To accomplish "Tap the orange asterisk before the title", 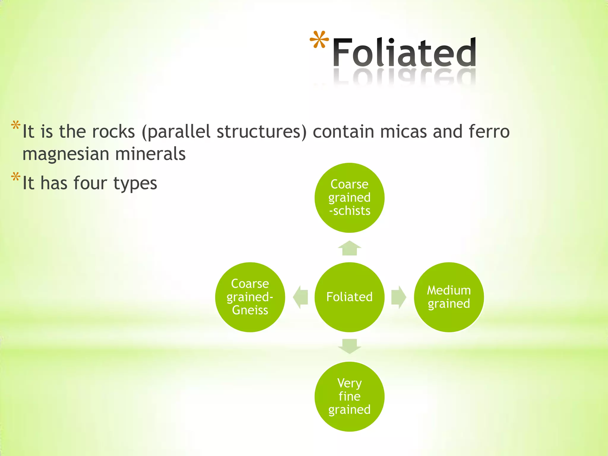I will coord(319,40).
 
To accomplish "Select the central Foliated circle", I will coord(349,297).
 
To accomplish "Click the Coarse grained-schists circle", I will coord(349,198).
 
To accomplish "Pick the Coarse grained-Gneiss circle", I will coord(250,297).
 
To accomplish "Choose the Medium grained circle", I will coord(449,297).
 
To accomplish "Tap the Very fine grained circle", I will coord(349,397).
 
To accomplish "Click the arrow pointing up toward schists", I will coord(349,248).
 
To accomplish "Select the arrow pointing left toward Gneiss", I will coord(300,297).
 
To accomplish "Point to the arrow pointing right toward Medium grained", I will coord(399,297).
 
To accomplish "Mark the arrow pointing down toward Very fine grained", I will coord(349,346).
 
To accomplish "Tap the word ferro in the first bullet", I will coord(489,132).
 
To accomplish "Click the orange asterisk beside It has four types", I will coord(15,177).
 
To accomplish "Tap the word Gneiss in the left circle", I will coord(250,310).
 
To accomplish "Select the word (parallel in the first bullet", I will coord(176,132).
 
